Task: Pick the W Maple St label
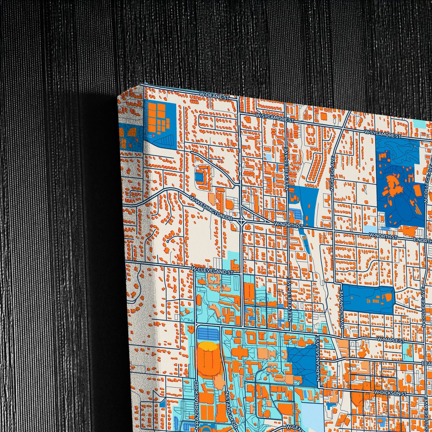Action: [x=390, y=340]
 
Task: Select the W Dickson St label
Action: [x=390, y=393]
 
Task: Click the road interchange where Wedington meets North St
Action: [x=241, y=221]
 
